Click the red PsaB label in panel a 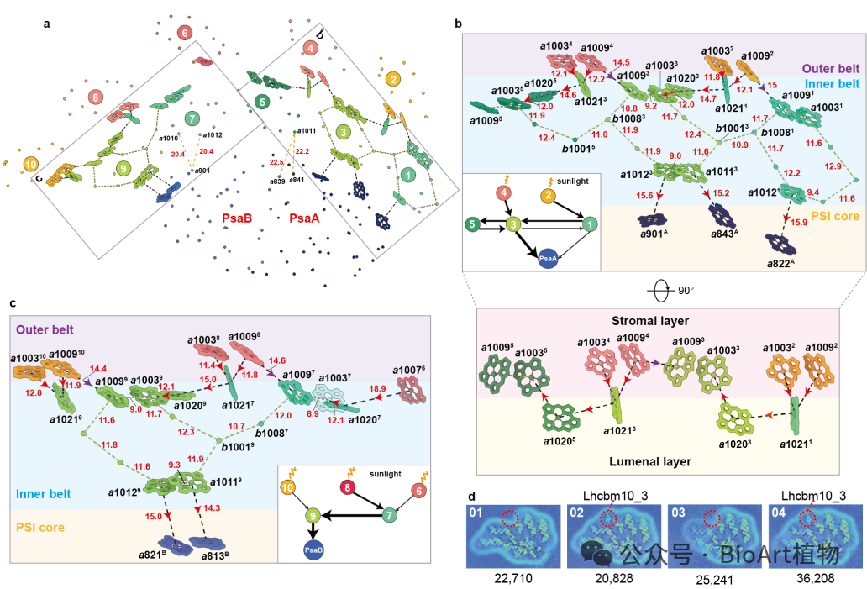(239, 218)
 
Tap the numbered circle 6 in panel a (185, 33)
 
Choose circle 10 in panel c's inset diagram (287, 486)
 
